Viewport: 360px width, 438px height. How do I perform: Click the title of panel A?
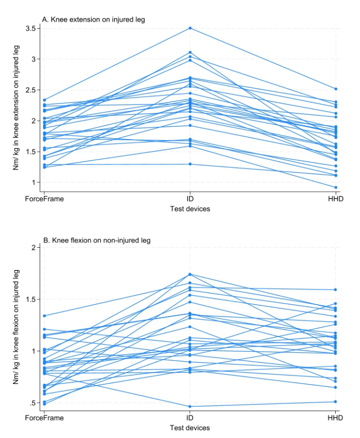pyautogui.click(x=89, y=19)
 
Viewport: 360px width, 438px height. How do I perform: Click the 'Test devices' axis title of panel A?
pyautogui.click(x=190, y=209)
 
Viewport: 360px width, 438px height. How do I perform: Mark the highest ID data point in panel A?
pyautogui.click(x=190, y=28)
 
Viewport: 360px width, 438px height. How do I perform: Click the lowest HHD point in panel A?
pyautogui.click(x=336, y=188)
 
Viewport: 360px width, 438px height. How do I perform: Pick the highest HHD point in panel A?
pyautogui.click(x=336, y=89)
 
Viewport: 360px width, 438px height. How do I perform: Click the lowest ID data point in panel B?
pyautogui.click(x=190, y=407)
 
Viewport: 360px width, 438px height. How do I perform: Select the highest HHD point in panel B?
pyautogui.click(x=336, y=290)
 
